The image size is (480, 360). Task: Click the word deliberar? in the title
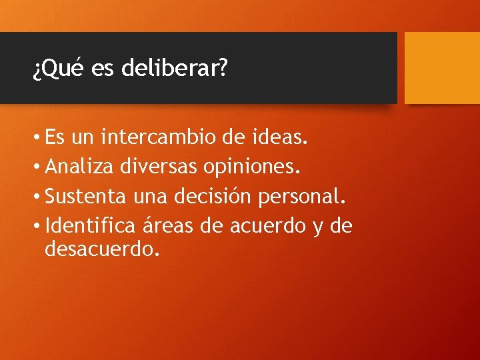tap(175, 69)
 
